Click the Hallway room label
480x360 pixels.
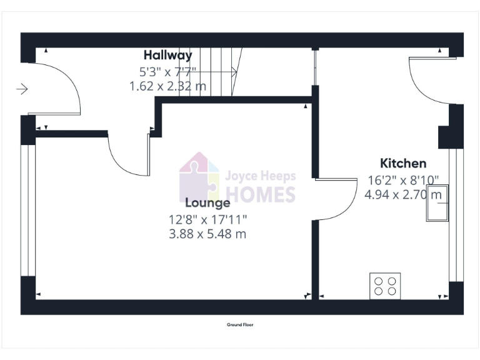167,55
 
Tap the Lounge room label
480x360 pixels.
207,202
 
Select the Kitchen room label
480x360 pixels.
403,164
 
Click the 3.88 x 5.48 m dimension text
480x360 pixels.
207,234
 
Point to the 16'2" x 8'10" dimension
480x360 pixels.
403,180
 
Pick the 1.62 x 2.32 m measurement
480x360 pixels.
167,86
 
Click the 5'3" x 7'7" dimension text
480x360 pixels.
167,71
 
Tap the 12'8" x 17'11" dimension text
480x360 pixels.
207,219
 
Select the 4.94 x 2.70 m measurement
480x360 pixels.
403,194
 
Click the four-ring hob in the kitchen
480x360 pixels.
385,286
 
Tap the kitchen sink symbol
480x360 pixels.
437,204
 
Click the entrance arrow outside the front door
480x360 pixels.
22,89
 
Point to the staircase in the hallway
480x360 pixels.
222,73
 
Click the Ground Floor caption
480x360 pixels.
240,325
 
